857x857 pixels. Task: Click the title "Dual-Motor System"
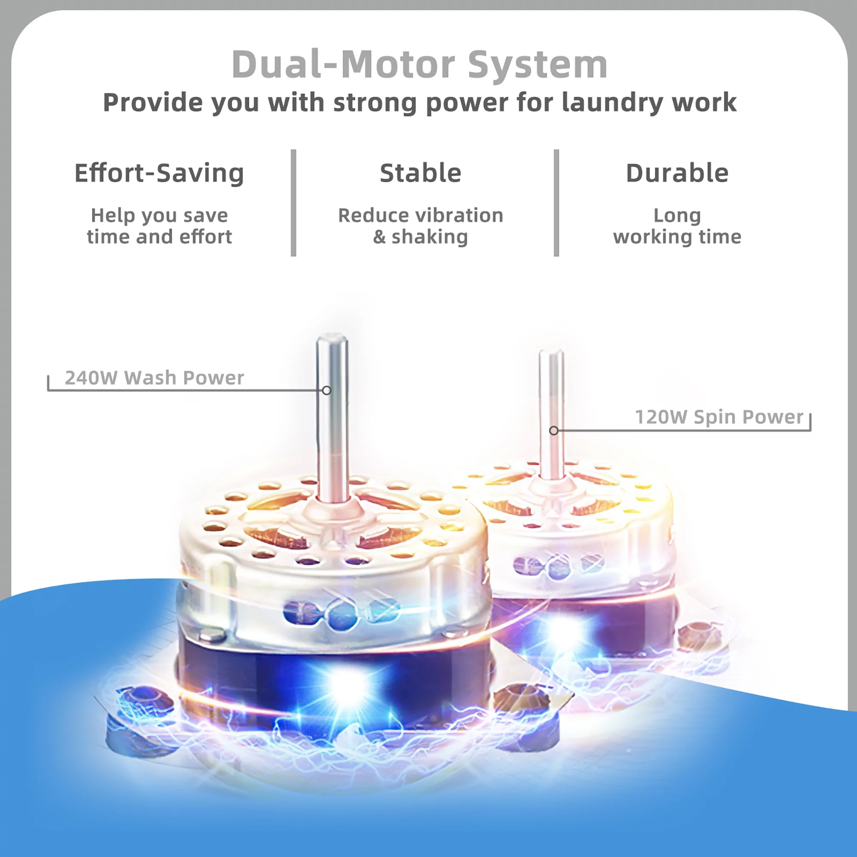pos(419,65)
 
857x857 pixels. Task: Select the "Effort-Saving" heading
pos(159,173)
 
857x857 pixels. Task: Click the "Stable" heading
pos(420,173)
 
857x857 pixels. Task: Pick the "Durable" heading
pos(677,173)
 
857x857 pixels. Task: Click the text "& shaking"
pos(420,237)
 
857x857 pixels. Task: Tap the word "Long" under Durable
pos(677,216)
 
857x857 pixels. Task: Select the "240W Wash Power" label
pos(154,378)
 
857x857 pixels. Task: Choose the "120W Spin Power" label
pos(719,417)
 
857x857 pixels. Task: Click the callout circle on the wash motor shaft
pos(327,390)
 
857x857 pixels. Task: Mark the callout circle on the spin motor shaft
pos(554,430)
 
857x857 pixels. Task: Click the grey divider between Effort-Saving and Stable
pos(293,203)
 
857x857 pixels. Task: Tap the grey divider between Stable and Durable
pos(556,203)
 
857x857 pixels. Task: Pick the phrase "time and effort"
pos(159,237)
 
